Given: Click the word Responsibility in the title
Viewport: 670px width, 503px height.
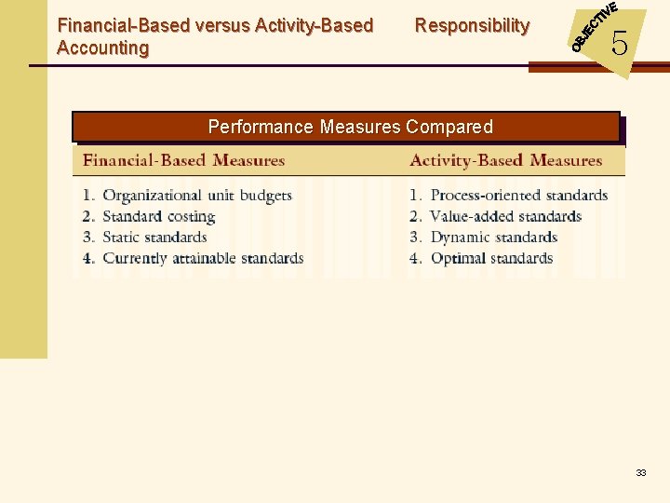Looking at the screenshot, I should [472, 26].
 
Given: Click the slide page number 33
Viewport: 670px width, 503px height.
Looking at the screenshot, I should [641, 473].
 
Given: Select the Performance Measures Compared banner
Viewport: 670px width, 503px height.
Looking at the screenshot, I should [346, 127].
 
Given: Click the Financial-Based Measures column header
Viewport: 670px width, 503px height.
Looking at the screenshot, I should [183, 160].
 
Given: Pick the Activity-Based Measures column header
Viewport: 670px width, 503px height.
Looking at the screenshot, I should [505, 160].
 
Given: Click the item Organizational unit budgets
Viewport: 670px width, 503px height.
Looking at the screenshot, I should [196, 196].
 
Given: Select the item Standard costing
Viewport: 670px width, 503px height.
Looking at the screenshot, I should [158, 216].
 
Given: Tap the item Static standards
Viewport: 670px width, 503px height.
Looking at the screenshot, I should [154, 237].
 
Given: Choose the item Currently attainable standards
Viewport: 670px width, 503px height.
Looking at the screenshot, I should [202, 258].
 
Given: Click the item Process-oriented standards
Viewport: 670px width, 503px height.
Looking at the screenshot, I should [518, 196].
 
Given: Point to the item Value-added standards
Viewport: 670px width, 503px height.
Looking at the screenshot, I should [505, 216].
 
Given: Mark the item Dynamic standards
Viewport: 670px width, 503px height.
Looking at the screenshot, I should [493, 237].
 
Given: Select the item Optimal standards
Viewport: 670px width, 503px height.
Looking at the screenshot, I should [491, 258].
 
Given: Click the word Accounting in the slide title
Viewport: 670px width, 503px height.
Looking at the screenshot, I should [102, 48].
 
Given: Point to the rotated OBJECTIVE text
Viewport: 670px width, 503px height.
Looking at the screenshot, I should [594, 25].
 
